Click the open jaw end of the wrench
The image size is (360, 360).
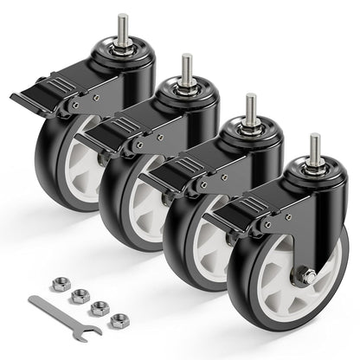[x=90, y=328]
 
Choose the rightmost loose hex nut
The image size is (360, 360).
[x=119, y=320]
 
